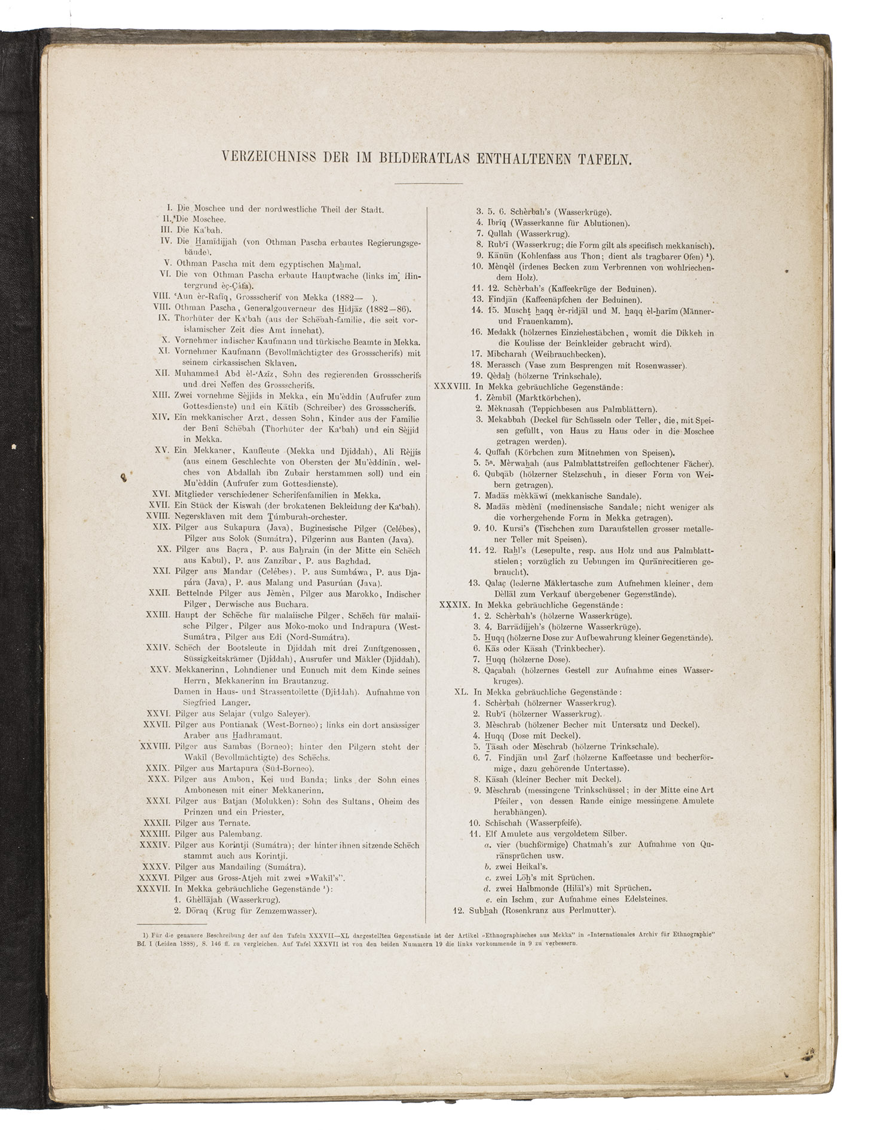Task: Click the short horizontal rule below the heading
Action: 429,183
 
